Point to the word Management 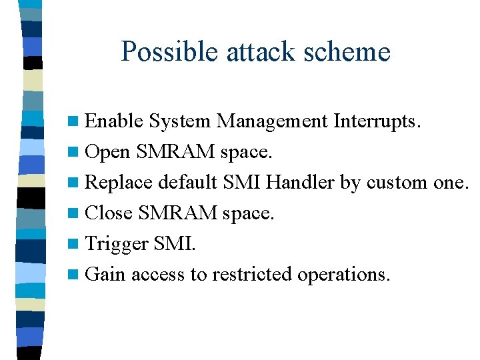pyautogui.click(x=272, y=121)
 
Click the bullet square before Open pyautogui.click(x=77, y=152)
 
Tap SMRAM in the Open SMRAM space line pyautogui.click(x=177, y=151)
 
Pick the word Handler pyautogui.click(x=303, y=182)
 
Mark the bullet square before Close pyautogui.click(x=77, y=213)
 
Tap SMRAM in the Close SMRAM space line pyautogui.click(x=179, y=213)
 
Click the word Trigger pyautogui.click(x=117, y=244)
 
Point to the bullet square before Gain pyautogui.click(x=77, y=275)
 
